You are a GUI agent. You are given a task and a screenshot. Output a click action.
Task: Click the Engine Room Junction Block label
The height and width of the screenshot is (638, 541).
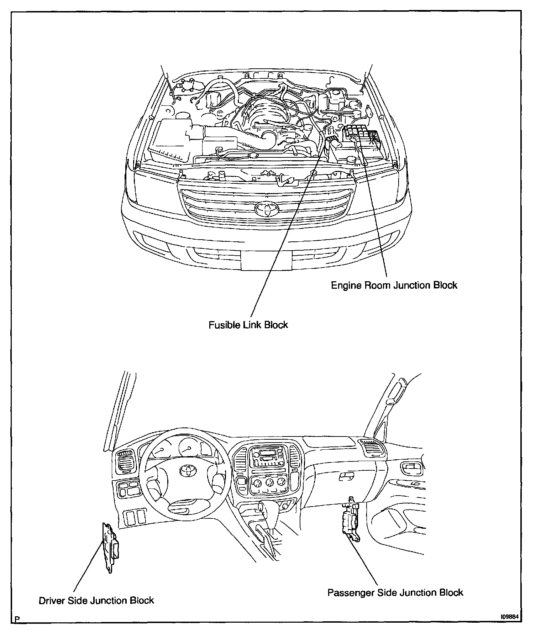394,285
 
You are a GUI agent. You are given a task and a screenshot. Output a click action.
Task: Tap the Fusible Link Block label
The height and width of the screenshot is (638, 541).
248,325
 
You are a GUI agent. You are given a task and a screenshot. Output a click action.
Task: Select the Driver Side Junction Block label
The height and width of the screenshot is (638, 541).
96,600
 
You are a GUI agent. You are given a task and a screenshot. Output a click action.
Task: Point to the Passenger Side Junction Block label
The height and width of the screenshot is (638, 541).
395,592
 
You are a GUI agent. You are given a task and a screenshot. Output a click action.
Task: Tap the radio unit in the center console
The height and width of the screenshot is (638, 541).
268,458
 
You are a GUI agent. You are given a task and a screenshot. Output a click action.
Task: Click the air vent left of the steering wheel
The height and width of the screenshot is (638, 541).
125,462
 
